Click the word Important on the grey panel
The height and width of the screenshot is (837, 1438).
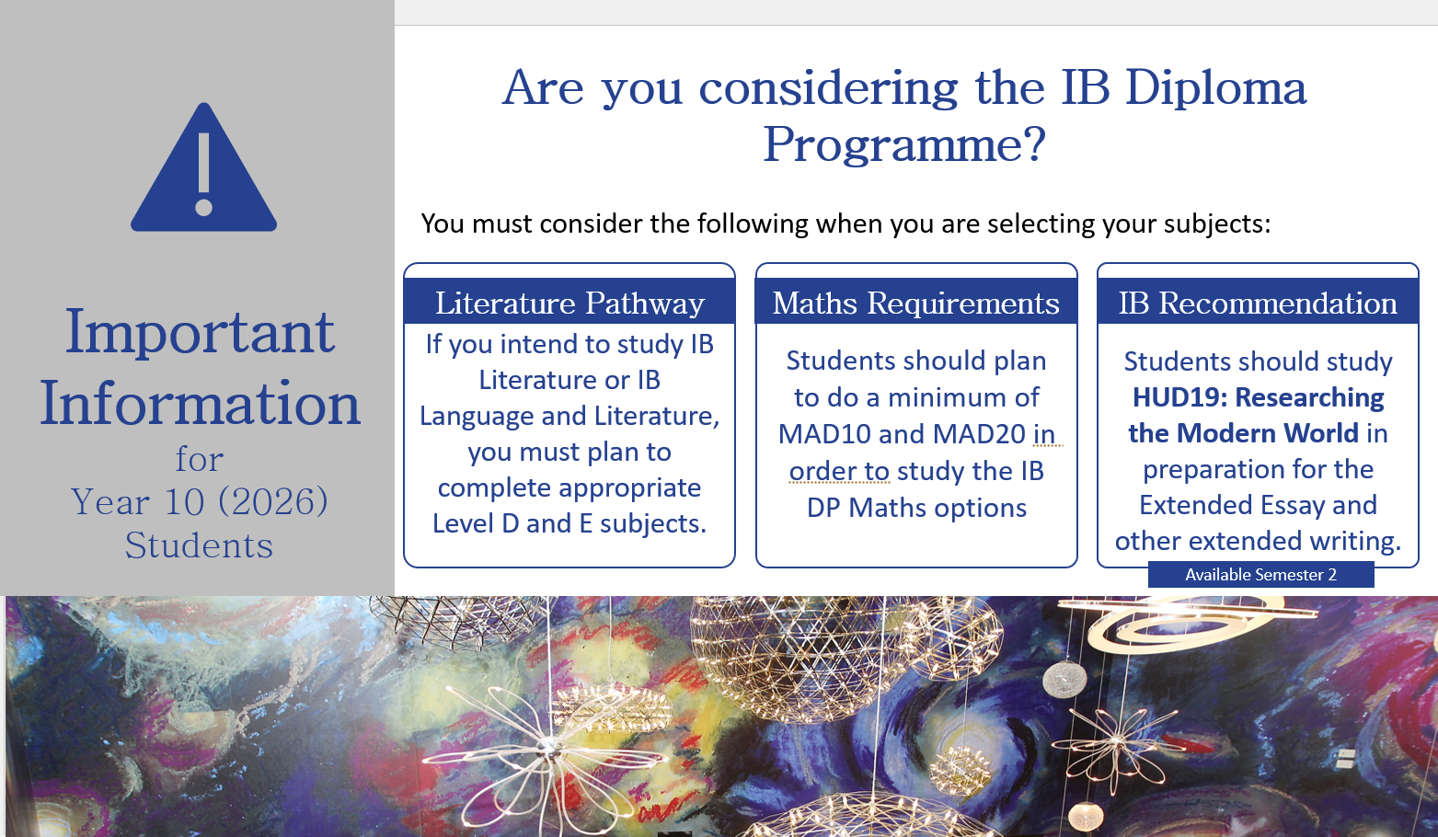point(200,332)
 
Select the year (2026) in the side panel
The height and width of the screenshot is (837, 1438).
point(273,501)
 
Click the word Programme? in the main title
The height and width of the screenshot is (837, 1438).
point(904,144)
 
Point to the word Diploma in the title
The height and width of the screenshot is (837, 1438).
point(1215,88)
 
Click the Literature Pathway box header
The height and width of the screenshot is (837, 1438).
point(569,303)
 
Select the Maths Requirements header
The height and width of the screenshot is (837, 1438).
point(916,303)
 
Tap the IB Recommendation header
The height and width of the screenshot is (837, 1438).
point(1258,303)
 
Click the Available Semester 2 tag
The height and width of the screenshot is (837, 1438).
point(1260,575)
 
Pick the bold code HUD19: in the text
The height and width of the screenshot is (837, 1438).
point(1179,397)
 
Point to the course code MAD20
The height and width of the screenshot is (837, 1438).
point(979,434)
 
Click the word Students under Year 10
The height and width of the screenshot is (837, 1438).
point(199,545)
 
